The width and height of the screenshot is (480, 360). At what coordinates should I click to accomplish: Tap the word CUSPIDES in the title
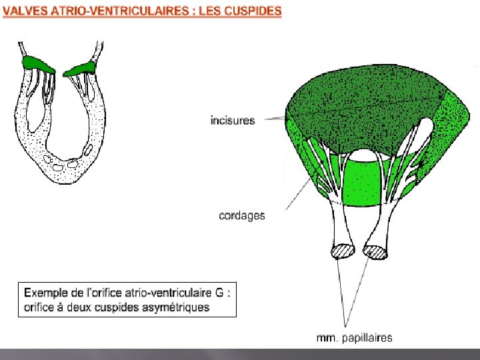click(251, 11)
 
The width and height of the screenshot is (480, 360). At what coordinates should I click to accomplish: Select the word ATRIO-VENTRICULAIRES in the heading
click(120, 11)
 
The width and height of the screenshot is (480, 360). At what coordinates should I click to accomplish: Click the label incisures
click(232, 121)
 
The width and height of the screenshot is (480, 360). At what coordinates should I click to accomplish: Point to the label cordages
click(241, 215)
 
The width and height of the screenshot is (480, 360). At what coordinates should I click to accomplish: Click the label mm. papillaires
click(354, 337)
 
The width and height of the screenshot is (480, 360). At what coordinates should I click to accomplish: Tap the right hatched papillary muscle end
click(375, 251)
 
